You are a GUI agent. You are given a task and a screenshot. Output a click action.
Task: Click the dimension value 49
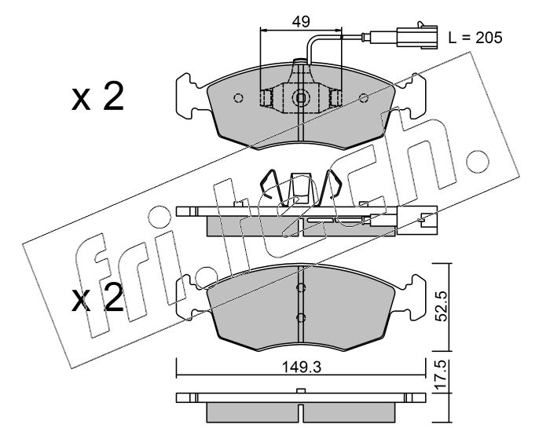pos(301,22)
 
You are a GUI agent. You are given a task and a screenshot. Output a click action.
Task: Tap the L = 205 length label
pos(475,38)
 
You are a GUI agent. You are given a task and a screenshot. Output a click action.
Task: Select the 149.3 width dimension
pos(302,368)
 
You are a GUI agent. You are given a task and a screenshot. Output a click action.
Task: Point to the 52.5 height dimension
pos(443,307)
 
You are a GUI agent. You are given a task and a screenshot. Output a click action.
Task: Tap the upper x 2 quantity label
pos(97,97)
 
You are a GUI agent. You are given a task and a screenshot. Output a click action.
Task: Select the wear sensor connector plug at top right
pos(416,35)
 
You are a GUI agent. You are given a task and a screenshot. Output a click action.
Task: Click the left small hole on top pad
pos(239,98)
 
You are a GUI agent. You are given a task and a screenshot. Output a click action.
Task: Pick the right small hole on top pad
pos(364,98)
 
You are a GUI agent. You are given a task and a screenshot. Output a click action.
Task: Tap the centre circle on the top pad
pos(301,98)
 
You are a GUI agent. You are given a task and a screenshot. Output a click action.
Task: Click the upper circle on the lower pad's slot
pos(301,287)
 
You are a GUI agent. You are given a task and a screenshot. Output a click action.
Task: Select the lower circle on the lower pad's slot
pos(301,318)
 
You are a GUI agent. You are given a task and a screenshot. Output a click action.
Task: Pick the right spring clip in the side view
pos(331,184)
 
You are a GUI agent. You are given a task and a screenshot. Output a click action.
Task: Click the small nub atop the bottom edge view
pos(301,391)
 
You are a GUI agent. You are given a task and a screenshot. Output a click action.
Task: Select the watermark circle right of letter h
pos(477,162)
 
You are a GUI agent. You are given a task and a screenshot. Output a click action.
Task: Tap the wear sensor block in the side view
pos(383,220)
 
